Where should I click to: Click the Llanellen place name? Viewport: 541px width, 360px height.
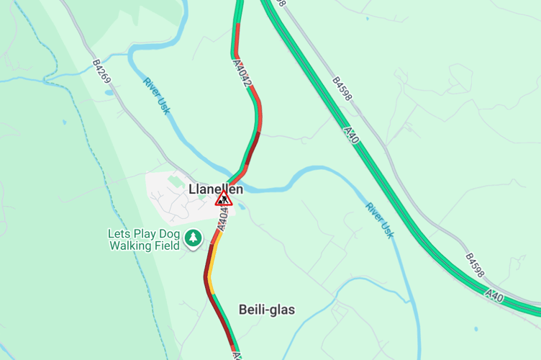click(x=216, y=189)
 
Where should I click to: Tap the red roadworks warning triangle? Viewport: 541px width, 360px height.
click(x=224, y=199)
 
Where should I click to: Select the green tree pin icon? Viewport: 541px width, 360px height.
click(x=193, y=238)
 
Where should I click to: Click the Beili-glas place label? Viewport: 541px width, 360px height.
click(x=267, y=310)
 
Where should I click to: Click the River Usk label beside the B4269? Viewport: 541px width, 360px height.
click(x=156, y=95)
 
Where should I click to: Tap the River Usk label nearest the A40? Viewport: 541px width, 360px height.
click(x=380, y=220)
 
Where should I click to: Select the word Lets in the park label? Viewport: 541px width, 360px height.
click(x=119, y=234)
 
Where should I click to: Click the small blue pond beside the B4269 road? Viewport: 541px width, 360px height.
click(x=109, y=92)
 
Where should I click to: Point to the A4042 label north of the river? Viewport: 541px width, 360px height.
click(x=242, y=73)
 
